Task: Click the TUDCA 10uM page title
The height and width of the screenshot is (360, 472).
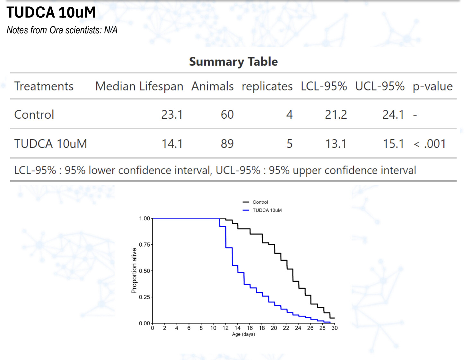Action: pyautogui.click(x=51, y=13)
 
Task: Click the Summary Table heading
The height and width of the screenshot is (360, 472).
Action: pyautogui.click(x=233, y=62)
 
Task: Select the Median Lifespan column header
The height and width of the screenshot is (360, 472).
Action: pyautogui.click(x=139, y=86)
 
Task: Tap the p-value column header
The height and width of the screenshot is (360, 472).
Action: pyautogui.click(x=433, y=86)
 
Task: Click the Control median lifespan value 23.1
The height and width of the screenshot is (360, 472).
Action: pyautogui.click(x=172, y=115)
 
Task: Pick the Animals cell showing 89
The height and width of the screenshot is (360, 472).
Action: pyautogui.click(x=227, y=144)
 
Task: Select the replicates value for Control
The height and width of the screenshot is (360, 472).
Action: pyautogui.click(x=289, y=115)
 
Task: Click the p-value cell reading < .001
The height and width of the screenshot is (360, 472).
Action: pyautogui.click(x=430, y=144)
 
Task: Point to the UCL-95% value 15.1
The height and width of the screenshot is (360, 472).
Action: pyautogui.click(x=393, y=144)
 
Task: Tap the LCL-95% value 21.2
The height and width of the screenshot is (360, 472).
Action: pyautogui.click(x=336, y=115)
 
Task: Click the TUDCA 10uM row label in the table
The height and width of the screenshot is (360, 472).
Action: pyautogui.click(x=50, y=144)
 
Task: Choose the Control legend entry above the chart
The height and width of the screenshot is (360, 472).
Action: pyautogui.click(x=260, y=202)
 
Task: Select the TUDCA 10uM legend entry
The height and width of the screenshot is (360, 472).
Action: pyautogui.click(x=267, y=210)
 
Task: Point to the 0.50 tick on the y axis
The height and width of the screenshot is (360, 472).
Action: pyautogui.click(x=144, y=271)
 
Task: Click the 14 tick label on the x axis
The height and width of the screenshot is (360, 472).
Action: pyautogui.click(x=238, y=328)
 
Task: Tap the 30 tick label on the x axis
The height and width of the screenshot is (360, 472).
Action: pyautogui.click(x=335, y=328)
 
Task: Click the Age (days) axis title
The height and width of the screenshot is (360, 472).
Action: pyautogui.click(x=243, y=334)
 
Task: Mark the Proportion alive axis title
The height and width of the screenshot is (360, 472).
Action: pyautogui.click(x=134, y=271)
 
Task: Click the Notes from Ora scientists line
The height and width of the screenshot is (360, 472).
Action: pyautogui.click(x=62, y=30)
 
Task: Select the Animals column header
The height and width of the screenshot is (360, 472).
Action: pyautogui.click(x=212, y=86)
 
